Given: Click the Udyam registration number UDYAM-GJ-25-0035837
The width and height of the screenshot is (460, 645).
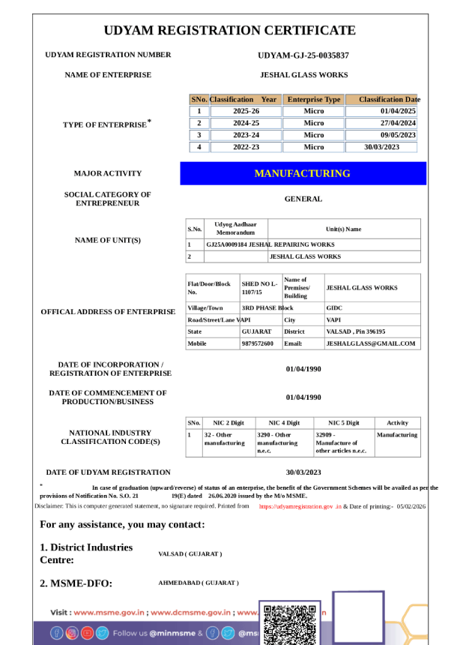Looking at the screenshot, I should point(303,55).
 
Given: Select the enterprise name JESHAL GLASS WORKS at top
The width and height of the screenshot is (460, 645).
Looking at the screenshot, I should point(303,75).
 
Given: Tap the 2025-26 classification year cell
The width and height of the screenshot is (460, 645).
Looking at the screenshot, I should point(246,111).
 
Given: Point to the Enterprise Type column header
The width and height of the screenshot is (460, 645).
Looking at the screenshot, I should point(314,99).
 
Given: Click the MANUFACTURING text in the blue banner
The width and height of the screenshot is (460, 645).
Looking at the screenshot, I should point(303,173).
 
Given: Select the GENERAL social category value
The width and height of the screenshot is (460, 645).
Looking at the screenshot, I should point(303,199).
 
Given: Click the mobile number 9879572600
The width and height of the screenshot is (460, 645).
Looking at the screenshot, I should point(258,343).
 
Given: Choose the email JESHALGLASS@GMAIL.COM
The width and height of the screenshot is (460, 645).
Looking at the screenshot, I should point(370,343).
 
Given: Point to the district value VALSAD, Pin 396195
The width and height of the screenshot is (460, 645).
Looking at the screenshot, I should point(356,331).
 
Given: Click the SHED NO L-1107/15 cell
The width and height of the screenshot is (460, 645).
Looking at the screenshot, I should point(259,288).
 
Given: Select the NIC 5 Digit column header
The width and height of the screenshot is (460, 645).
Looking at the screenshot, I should point(344,423).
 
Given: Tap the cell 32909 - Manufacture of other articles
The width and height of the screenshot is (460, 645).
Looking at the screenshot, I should point(342,442).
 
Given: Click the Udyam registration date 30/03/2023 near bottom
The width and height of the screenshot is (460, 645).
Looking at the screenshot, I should point(303,472).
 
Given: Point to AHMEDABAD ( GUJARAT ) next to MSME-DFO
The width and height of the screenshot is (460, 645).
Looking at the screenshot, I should point(199,583).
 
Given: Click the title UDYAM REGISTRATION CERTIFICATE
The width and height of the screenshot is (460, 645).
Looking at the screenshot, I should point(229,31).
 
